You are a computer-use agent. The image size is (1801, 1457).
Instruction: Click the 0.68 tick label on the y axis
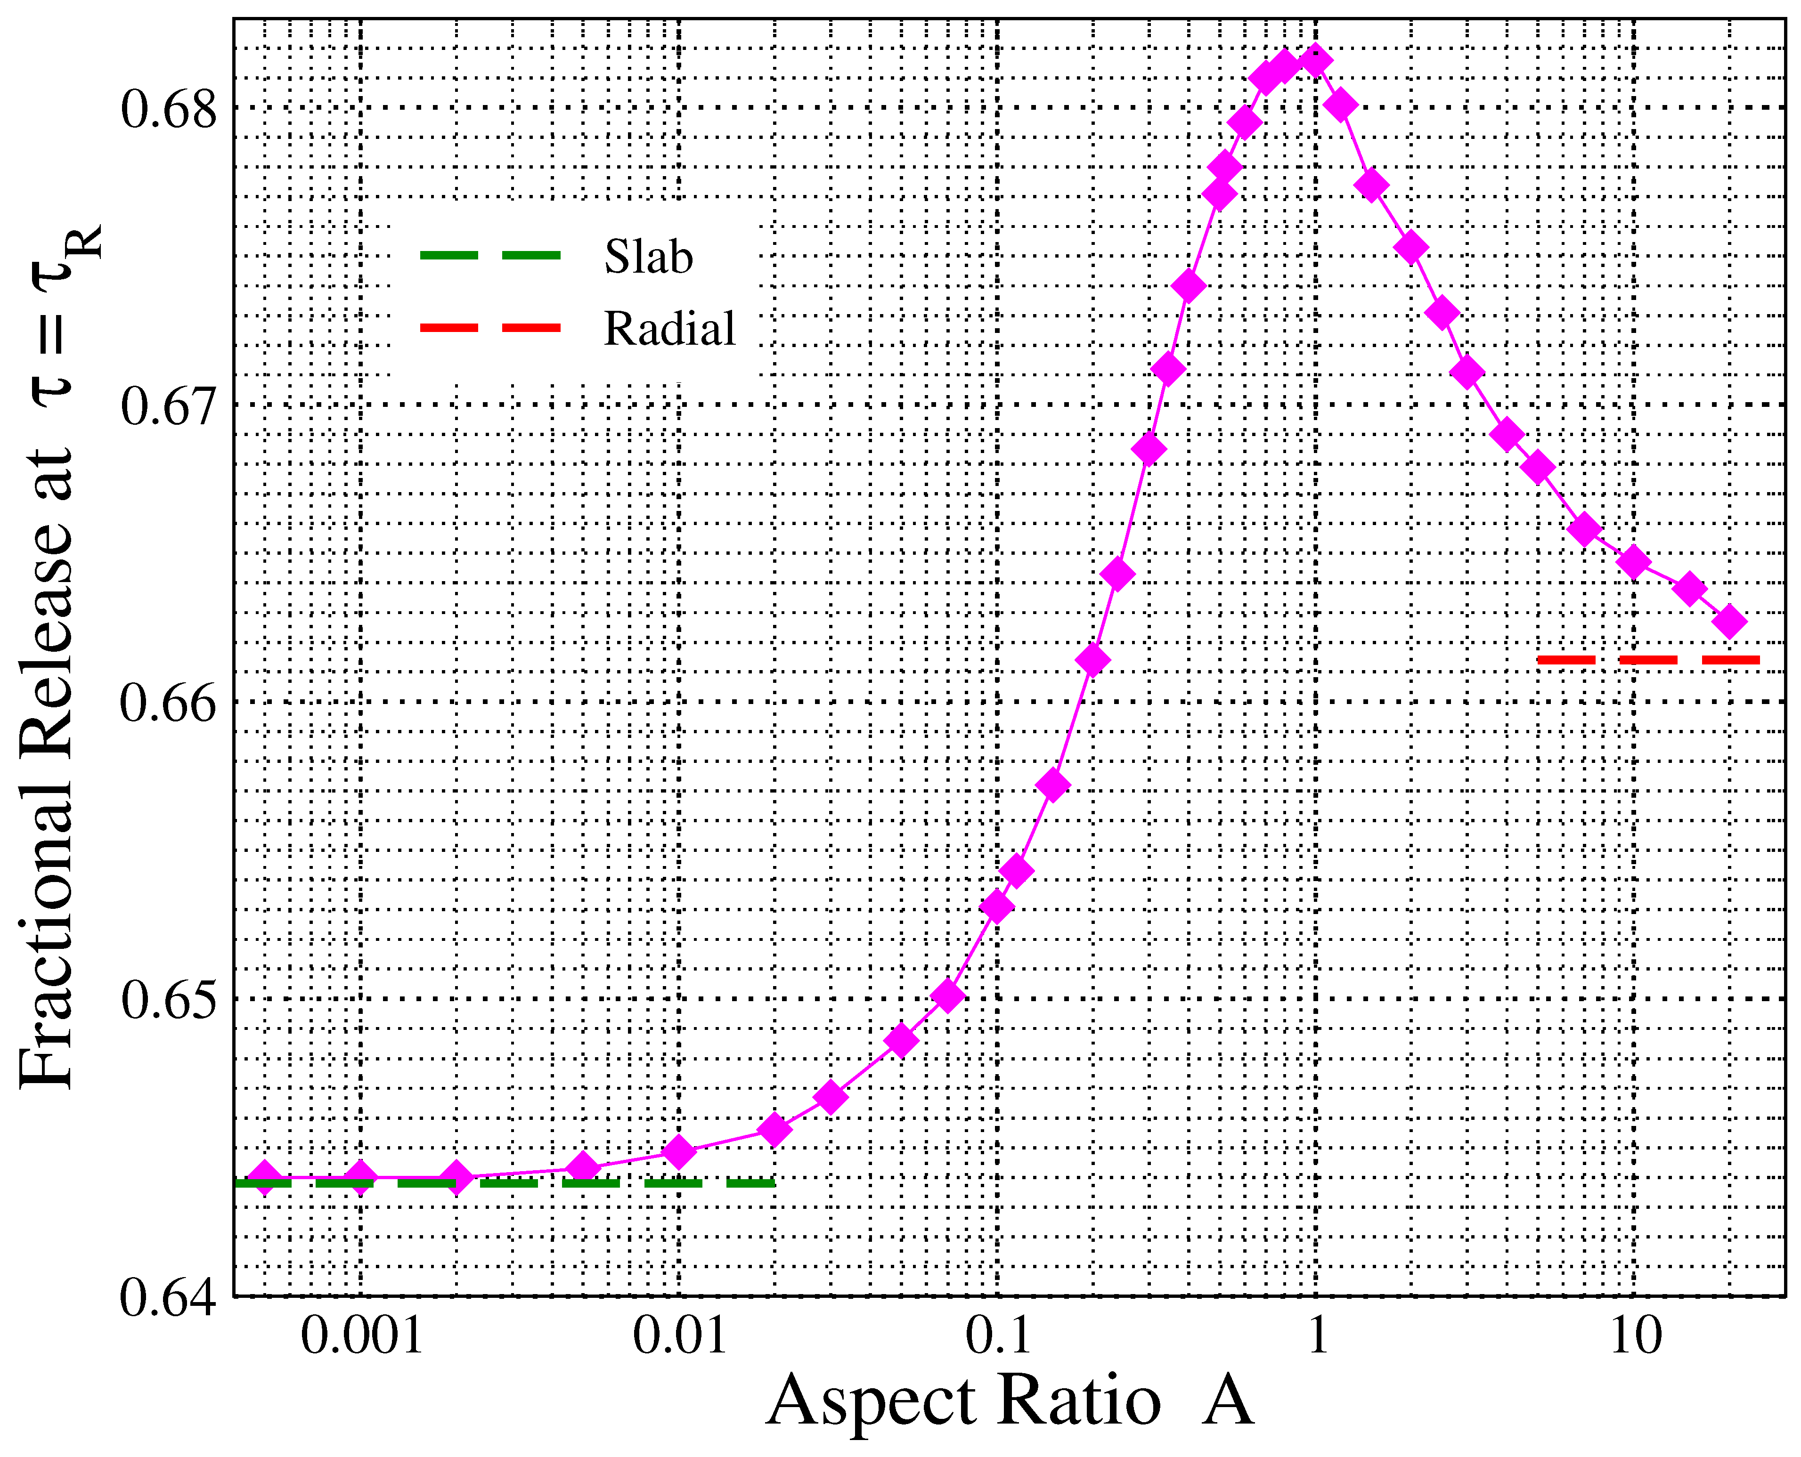click(x=168, y=110)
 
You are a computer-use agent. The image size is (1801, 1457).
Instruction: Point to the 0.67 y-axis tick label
click(x=168, y=406)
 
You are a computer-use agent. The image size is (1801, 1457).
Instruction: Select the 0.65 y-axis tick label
click(x=168, y=1000)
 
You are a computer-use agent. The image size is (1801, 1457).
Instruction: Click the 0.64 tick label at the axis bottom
click(x=168, y=1297)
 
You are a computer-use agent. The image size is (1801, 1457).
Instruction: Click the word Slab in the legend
click(x=648, y=256)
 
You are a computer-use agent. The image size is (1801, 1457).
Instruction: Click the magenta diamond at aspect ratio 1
click(x=1315, y=61)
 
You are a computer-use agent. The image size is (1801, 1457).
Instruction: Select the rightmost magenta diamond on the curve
click(x=1730, y=622)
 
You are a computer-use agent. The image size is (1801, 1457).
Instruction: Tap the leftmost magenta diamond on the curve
click(x=264, y=1178)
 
